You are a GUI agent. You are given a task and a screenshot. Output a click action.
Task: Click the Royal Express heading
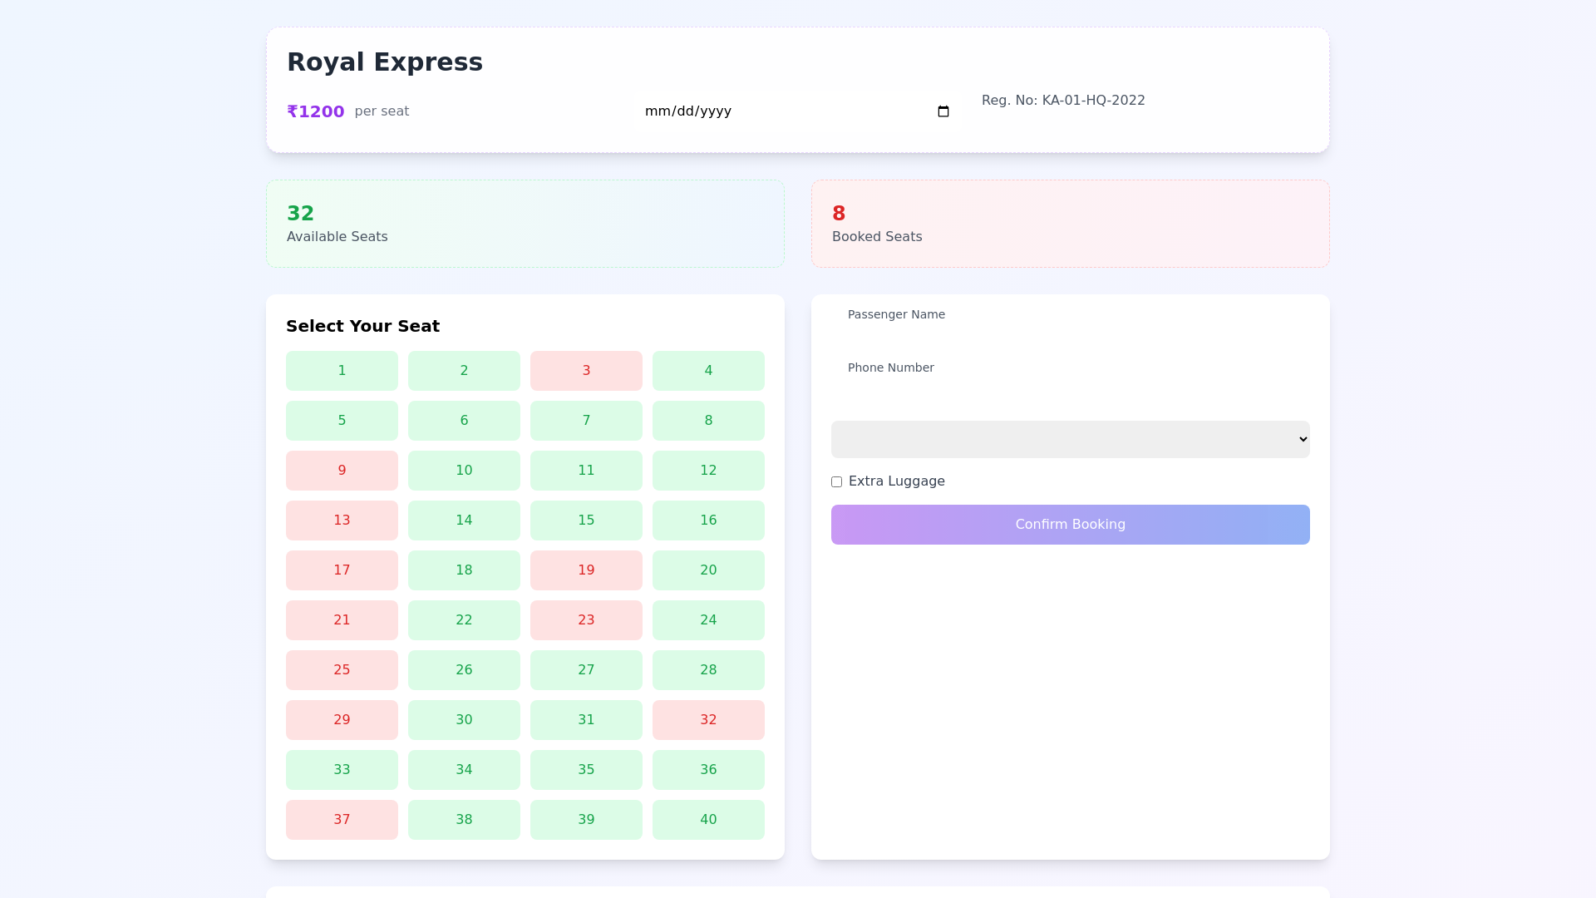point(384,62)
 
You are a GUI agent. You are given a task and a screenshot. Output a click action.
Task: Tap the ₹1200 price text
point(315,111)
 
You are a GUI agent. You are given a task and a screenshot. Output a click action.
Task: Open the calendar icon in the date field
point(943,111)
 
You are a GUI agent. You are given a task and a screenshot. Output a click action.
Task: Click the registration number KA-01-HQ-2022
point(1063,101)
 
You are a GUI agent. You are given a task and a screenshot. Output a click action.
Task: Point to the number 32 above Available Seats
point(300,214)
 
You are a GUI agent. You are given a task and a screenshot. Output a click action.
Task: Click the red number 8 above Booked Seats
point(838,214)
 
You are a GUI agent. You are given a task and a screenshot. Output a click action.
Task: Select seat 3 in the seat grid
point(586,371)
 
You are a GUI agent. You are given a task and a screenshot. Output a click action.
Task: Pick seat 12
point(708,471)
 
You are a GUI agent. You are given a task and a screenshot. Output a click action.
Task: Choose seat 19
point(586,570)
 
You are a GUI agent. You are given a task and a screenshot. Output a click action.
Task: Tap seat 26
point(464,670)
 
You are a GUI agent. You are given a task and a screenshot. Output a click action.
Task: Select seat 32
point(708,720)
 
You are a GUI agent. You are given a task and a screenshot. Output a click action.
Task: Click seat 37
point(342,820)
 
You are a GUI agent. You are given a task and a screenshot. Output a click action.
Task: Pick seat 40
point(708,820)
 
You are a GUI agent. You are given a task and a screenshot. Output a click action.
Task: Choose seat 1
point(342,371)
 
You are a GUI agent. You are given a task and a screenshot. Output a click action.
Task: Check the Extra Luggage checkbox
point(836,482)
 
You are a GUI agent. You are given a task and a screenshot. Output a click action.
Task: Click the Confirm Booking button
point(1070,525)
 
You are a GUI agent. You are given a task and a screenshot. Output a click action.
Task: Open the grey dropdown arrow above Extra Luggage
point(1303,440)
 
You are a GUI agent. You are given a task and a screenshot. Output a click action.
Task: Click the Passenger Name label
point(896,314)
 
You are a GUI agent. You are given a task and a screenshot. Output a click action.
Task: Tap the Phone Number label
point(890,368)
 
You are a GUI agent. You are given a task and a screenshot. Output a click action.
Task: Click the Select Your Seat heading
point(362,326)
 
